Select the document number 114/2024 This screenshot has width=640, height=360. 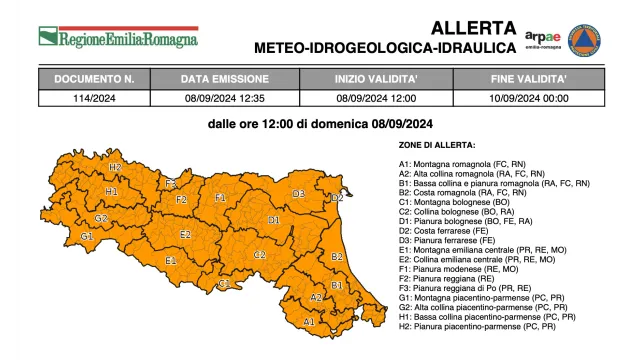point(95,97)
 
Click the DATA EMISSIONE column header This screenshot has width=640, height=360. point(225,78)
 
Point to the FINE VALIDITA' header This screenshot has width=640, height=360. point(529,78)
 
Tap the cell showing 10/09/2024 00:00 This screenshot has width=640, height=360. point(529,97)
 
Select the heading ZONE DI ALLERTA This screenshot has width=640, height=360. point(437,146)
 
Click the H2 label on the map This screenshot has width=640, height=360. point(115,167)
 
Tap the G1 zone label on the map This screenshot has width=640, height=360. point(88,237)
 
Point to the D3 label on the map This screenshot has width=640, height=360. point(297,194)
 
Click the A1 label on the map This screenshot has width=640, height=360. point(309,321)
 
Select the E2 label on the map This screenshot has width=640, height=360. point(185,234)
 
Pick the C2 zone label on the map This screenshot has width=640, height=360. point(259,255)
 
